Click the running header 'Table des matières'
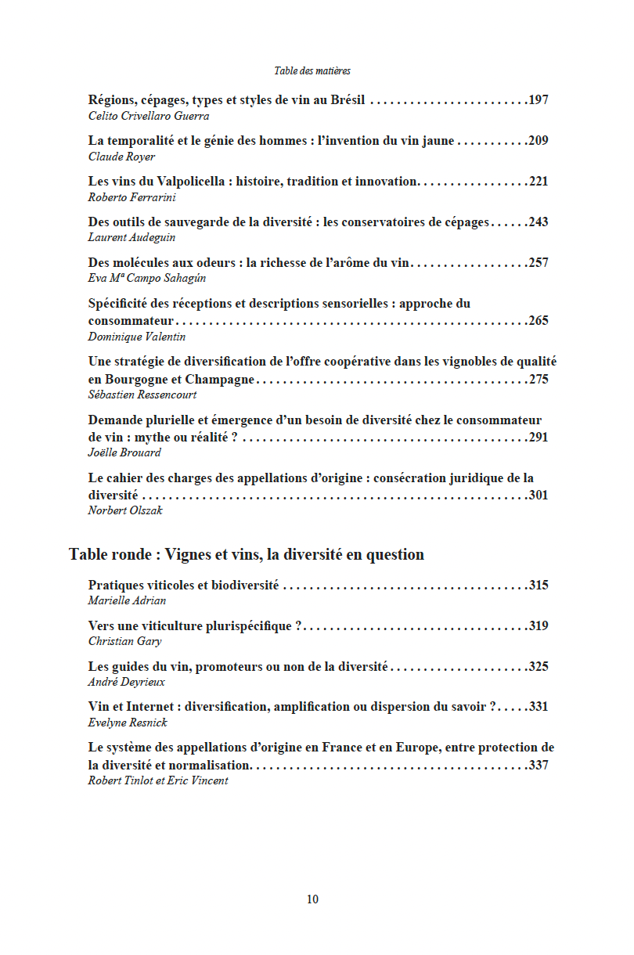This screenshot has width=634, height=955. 312,70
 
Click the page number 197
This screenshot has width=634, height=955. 539,100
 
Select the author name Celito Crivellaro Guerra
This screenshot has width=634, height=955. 149,116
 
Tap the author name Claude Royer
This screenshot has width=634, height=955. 121,157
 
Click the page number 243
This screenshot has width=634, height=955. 539,222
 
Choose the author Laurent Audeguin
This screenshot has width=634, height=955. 131,238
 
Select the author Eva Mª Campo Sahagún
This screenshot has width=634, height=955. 147,278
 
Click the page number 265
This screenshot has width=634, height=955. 539,321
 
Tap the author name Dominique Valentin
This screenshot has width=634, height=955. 137,337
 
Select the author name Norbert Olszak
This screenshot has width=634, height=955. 125,510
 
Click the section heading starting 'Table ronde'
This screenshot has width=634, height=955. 247,555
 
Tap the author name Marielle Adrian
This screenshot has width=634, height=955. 127,601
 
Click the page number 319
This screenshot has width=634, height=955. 539,626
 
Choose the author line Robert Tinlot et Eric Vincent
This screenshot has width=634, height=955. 158,780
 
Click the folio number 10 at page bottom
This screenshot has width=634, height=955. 312,899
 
